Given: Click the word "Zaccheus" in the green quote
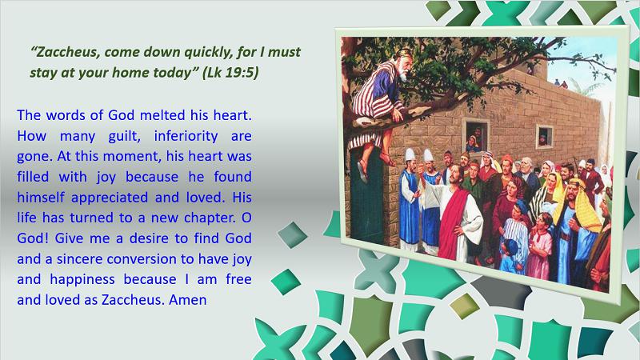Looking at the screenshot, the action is pyautogui.click(x=66, y=52).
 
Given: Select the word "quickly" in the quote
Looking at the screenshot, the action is pyautogui.click(x=209, y=53).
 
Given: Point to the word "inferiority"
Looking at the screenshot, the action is pyautogui.click(x=186, y=136).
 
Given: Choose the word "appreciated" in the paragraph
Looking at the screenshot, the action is pyautogui.click(x=110, y=198).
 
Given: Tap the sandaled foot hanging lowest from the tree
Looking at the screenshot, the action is pyautogui.click(x=362, y=170).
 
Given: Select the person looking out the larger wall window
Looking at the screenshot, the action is pyautogui.click(x=474, y=140).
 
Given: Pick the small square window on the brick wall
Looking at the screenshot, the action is pyautogui.click(x=544, y=137).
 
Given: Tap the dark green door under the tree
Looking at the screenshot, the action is pyautogui.click(x=366, y=197).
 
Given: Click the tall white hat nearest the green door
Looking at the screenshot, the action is pyautogui.click(x=410, y=154).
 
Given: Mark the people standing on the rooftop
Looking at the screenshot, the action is pyautogui.click(x=561, y=84).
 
